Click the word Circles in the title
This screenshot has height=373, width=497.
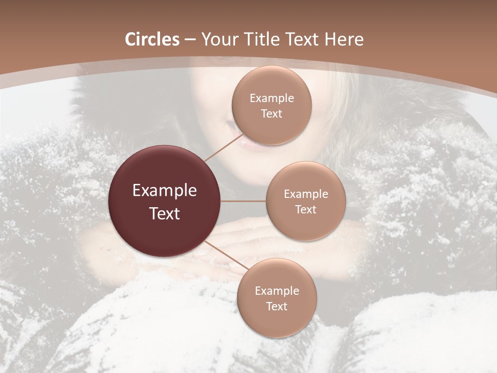pos(152,39)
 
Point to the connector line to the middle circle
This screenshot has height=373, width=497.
pos(243,201)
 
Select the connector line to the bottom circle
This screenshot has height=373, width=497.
pos(226,255)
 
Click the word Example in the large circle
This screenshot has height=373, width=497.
pos(165,191)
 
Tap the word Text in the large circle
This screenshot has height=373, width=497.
pos(165,213)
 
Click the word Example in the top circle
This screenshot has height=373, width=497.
pos(271,98)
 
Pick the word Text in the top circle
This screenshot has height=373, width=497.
pos(271,113)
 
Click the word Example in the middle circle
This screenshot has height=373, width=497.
pos(305,194)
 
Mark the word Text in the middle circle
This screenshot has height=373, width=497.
pos(305,209)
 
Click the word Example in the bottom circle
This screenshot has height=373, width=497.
pos(276,291)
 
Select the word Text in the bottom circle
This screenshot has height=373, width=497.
pos(276,306)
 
